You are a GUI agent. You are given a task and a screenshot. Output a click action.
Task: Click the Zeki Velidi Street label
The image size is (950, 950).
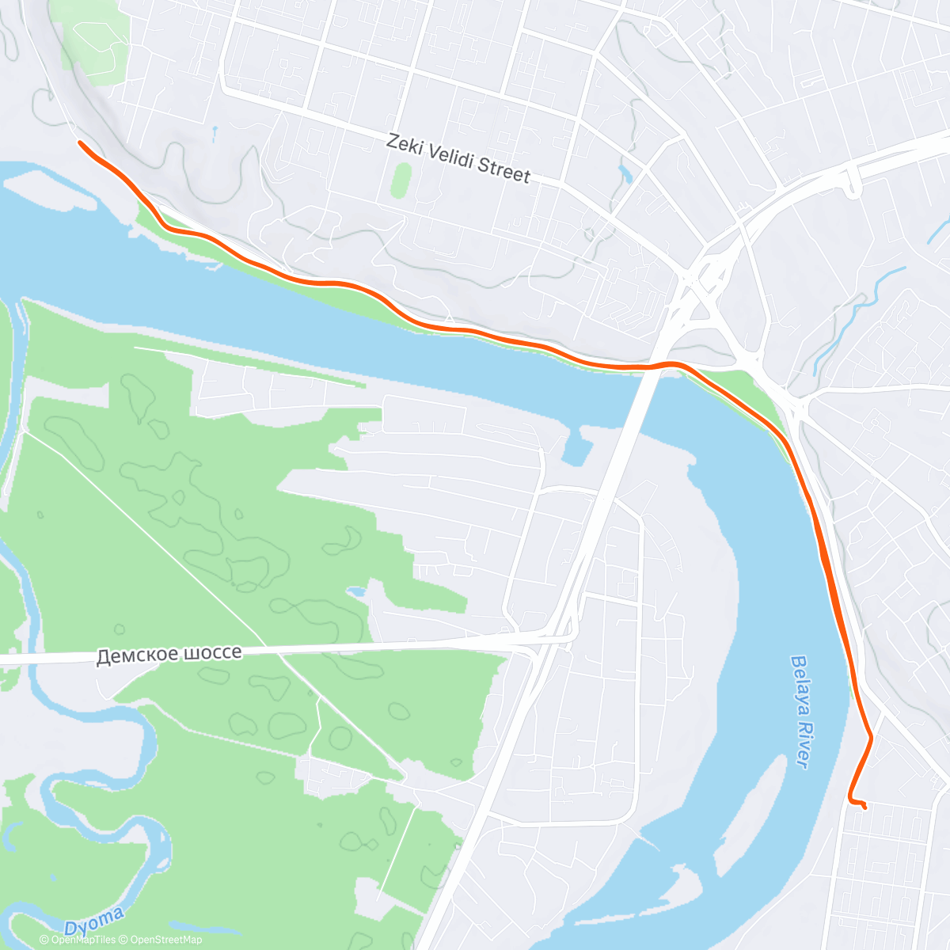coord(458,158)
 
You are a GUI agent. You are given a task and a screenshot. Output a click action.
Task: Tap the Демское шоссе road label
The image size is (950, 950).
coord(169,655)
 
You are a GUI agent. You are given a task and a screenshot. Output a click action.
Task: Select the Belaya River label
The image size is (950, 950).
coord(800,710)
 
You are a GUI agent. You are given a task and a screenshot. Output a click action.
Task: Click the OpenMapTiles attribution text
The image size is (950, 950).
coord(78,940)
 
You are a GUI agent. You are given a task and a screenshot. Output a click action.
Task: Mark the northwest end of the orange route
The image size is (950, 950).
coord(80,142)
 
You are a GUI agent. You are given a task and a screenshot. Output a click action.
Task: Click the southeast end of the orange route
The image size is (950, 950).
coord(864,807)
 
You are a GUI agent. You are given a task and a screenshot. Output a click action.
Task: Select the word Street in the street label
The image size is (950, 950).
coord(503,170)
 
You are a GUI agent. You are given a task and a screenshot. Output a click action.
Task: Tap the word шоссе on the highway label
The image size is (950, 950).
coord(211,653)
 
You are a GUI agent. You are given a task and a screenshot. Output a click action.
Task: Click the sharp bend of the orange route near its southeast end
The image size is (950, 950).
coord(870,738)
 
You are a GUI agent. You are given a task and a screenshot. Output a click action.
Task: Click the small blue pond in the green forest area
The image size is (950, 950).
coord(356,591)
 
